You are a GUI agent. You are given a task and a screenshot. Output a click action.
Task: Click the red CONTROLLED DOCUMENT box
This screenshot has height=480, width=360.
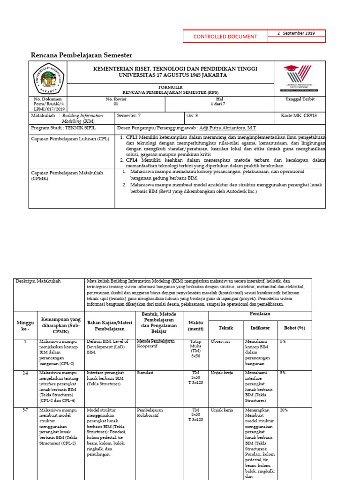tap(225, 37)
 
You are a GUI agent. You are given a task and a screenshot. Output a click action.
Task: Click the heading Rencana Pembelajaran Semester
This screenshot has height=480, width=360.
tap(81, 55)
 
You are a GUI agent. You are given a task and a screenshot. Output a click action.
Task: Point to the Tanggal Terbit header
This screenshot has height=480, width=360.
tap(300, 99)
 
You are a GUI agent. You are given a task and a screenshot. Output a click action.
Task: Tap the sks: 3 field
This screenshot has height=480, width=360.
tap(192, 115)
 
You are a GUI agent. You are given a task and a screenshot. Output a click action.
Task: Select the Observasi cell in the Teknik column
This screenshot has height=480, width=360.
tap(220, 342)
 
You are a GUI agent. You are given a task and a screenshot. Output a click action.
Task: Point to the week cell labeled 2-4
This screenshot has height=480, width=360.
tap(25, 373)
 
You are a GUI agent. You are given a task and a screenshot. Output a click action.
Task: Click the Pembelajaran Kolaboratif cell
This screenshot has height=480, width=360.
tap(152, 412)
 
